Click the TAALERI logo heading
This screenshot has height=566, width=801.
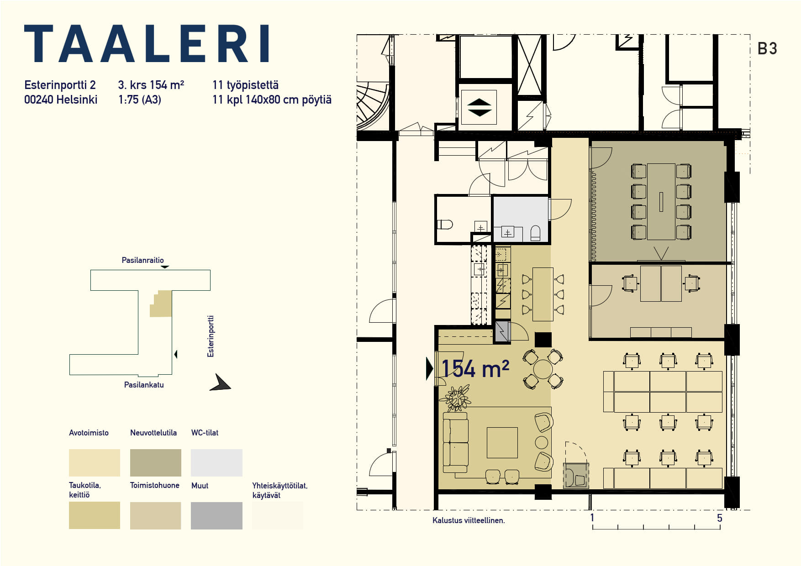click(147, 44)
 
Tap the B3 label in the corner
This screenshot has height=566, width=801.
click(767, 49)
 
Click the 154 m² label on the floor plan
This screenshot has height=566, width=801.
click(475, 368)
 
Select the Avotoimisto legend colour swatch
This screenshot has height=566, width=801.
click(95, 463)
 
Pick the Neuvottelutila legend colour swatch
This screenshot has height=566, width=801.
click(156, 463)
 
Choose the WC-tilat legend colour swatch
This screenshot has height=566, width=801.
click(216, 463)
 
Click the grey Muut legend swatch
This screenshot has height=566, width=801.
click(216, 516)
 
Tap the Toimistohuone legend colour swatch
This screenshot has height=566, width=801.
click(156, 516)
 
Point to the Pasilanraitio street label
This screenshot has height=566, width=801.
click(142, 260)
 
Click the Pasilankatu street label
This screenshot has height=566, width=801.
click(144, 385)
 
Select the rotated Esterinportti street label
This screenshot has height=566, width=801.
click(211, 336)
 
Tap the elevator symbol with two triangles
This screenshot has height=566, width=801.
click(479, 107)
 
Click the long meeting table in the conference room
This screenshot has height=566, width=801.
click(661, 201)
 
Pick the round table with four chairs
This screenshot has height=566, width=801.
click(543, 369)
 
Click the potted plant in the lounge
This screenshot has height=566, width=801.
click(456, 398)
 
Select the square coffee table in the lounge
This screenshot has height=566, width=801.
click(502, 442)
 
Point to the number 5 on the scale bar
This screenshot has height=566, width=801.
click(720, 518)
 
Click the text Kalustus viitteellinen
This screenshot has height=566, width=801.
click(469, 520)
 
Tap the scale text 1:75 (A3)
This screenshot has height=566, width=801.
click(140, 100)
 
